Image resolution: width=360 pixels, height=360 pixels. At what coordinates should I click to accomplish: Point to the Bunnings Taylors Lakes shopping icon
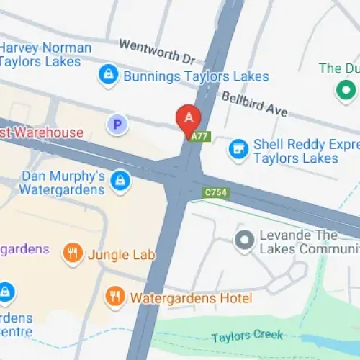[x=108, y=75]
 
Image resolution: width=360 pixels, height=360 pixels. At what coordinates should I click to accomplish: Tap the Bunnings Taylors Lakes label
[x=196, y=76]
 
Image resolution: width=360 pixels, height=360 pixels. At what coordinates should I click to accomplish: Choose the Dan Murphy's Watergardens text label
[x=63, y=183]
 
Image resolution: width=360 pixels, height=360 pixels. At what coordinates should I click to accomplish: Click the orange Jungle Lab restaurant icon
[x=72, y=253]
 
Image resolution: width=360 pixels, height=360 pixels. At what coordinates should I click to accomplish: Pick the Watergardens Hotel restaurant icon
[x=113, y=295]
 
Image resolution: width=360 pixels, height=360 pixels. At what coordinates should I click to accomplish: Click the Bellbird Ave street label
[x=253, y=104]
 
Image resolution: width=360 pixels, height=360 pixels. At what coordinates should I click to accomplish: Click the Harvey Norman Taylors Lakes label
[x=45, y=55]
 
